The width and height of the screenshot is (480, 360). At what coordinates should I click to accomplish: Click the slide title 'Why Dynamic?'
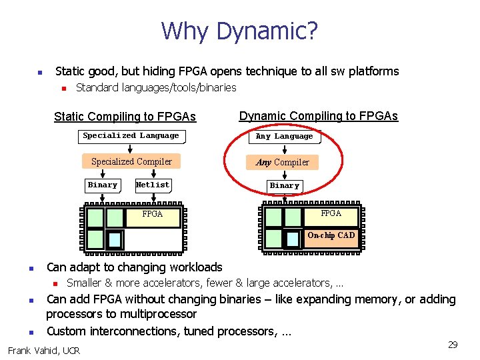239,31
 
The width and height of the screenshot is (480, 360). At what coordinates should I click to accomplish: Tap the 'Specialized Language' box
131,136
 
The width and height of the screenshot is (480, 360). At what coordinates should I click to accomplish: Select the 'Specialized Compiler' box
131,161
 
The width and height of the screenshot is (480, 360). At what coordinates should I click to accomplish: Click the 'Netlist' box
153,185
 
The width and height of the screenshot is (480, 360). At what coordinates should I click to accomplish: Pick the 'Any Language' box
284,137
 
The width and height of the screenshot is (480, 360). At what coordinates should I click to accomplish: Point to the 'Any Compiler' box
283,162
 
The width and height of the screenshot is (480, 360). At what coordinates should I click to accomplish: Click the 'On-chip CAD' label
331,235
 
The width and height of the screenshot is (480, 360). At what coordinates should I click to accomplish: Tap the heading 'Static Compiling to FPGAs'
125,117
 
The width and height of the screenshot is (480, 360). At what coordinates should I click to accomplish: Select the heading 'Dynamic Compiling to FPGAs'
318,116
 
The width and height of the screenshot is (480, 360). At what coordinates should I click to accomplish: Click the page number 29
453,345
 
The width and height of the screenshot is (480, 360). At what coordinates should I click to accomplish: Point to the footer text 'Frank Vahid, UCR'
43,350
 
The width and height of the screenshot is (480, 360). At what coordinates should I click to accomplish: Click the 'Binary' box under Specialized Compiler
103,185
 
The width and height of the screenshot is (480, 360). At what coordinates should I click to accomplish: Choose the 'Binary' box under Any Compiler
285,185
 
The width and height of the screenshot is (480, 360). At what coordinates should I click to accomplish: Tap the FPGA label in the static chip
153,214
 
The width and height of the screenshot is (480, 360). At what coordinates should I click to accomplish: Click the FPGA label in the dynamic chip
331,213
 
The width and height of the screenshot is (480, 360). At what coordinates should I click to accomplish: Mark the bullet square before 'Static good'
39,72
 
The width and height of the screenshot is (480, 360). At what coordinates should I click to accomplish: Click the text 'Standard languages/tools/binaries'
156,87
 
